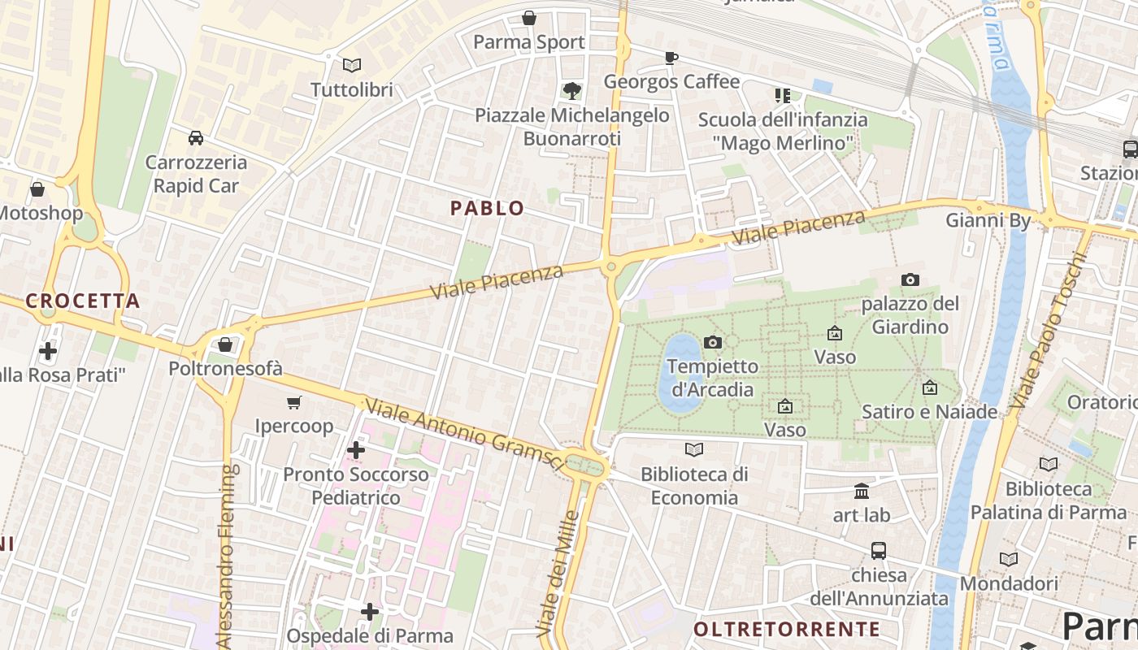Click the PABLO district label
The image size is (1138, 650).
[x=488, y=208]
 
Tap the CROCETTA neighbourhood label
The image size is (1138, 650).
[x=83, y=301]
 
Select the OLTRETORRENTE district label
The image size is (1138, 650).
[x=787, y=629]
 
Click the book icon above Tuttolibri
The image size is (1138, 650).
[x=351, y=65]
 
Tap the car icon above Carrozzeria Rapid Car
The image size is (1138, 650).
[x=196, y=137]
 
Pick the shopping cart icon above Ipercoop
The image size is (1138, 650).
[x=294, y=402]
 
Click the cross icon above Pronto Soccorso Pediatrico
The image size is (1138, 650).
[x=356, y=449]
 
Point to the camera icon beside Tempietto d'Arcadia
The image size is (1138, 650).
[x=713, y=342]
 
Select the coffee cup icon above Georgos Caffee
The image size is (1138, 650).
[x=671, y=57]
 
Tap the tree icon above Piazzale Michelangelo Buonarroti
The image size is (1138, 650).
[x=572, y=90]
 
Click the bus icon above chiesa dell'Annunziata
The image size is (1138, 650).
[x=879, y=550]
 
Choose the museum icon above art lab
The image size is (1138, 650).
[x=862, y=491]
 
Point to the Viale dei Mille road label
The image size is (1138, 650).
[x=558, y=574]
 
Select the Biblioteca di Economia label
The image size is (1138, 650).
[x=694, y=485]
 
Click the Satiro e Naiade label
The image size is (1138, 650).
[x=929, y=411]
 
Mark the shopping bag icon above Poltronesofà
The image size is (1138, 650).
[x=225, y=344]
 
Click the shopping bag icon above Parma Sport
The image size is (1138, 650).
[x=529, y=18]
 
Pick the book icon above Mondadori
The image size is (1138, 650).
[x=1009, y=560]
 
